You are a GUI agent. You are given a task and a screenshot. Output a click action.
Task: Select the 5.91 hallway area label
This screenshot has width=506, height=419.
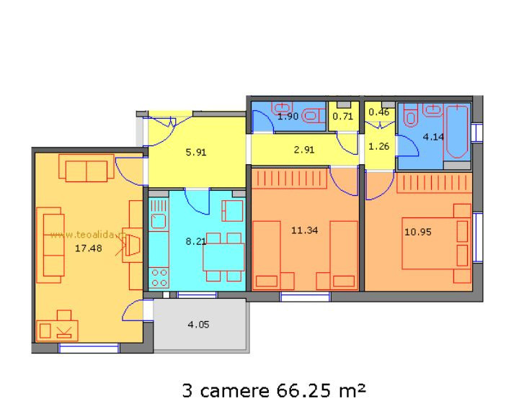(195, 153)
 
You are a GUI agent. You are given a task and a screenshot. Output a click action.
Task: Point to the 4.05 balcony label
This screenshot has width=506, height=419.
(198, 325)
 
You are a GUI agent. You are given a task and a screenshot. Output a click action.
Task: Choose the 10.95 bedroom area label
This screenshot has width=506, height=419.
(416, 232)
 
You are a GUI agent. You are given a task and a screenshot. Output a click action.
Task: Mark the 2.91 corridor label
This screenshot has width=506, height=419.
(303, 150)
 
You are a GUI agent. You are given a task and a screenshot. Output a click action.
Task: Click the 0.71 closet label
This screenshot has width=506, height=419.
(342, 115)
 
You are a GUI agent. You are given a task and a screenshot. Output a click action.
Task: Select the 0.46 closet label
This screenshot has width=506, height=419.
(378, 112)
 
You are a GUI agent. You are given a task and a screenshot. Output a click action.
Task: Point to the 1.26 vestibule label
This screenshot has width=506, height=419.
(378, 147)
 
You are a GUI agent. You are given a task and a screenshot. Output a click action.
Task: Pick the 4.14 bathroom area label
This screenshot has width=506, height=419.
(433, 135)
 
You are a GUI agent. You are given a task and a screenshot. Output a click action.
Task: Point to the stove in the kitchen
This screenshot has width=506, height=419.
(159, 274)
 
